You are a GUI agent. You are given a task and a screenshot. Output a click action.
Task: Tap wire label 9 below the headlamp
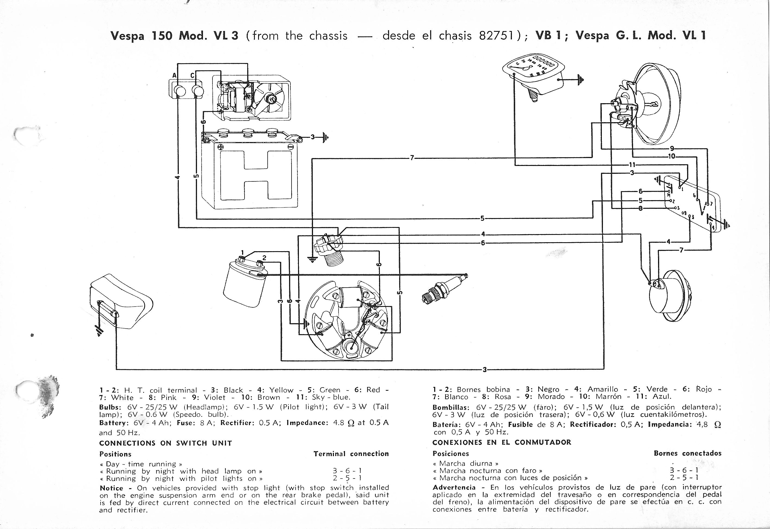coord(672,149)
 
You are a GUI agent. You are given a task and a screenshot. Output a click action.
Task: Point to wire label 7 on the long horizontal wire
coord(412,158)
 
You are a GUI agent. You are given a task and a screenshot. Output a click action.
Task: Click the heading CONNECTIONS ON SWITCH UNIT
coord(165,443)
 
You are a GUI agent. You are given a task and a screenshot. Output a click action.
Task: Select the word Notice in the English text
coord(111,488)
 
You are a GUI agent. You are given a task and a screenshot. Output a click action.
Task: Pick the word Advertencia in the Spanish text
coord(454,487)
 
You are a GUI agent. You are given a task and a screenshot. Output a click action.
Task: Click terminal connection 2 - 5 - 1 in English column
coord(347,478)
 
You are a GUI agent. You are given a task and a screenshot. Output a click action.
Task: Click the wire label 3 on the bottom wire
coord(484,370)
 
